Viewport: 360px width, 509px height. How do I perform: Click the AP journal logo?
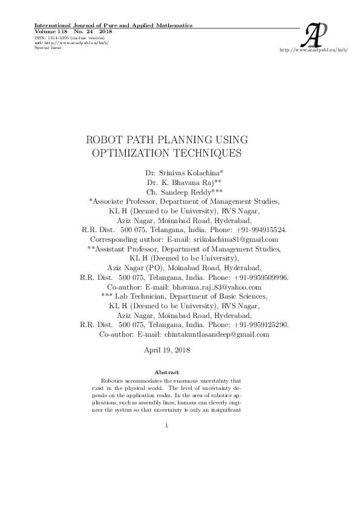pos(317,34)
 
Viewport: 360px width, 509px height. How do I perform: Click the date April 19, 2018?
pos(167,351)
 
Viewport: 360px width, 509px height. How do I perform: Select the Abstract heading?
pos(166,371)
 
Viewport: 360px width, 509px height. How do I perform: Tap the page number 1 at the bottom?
pos(166,426)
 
